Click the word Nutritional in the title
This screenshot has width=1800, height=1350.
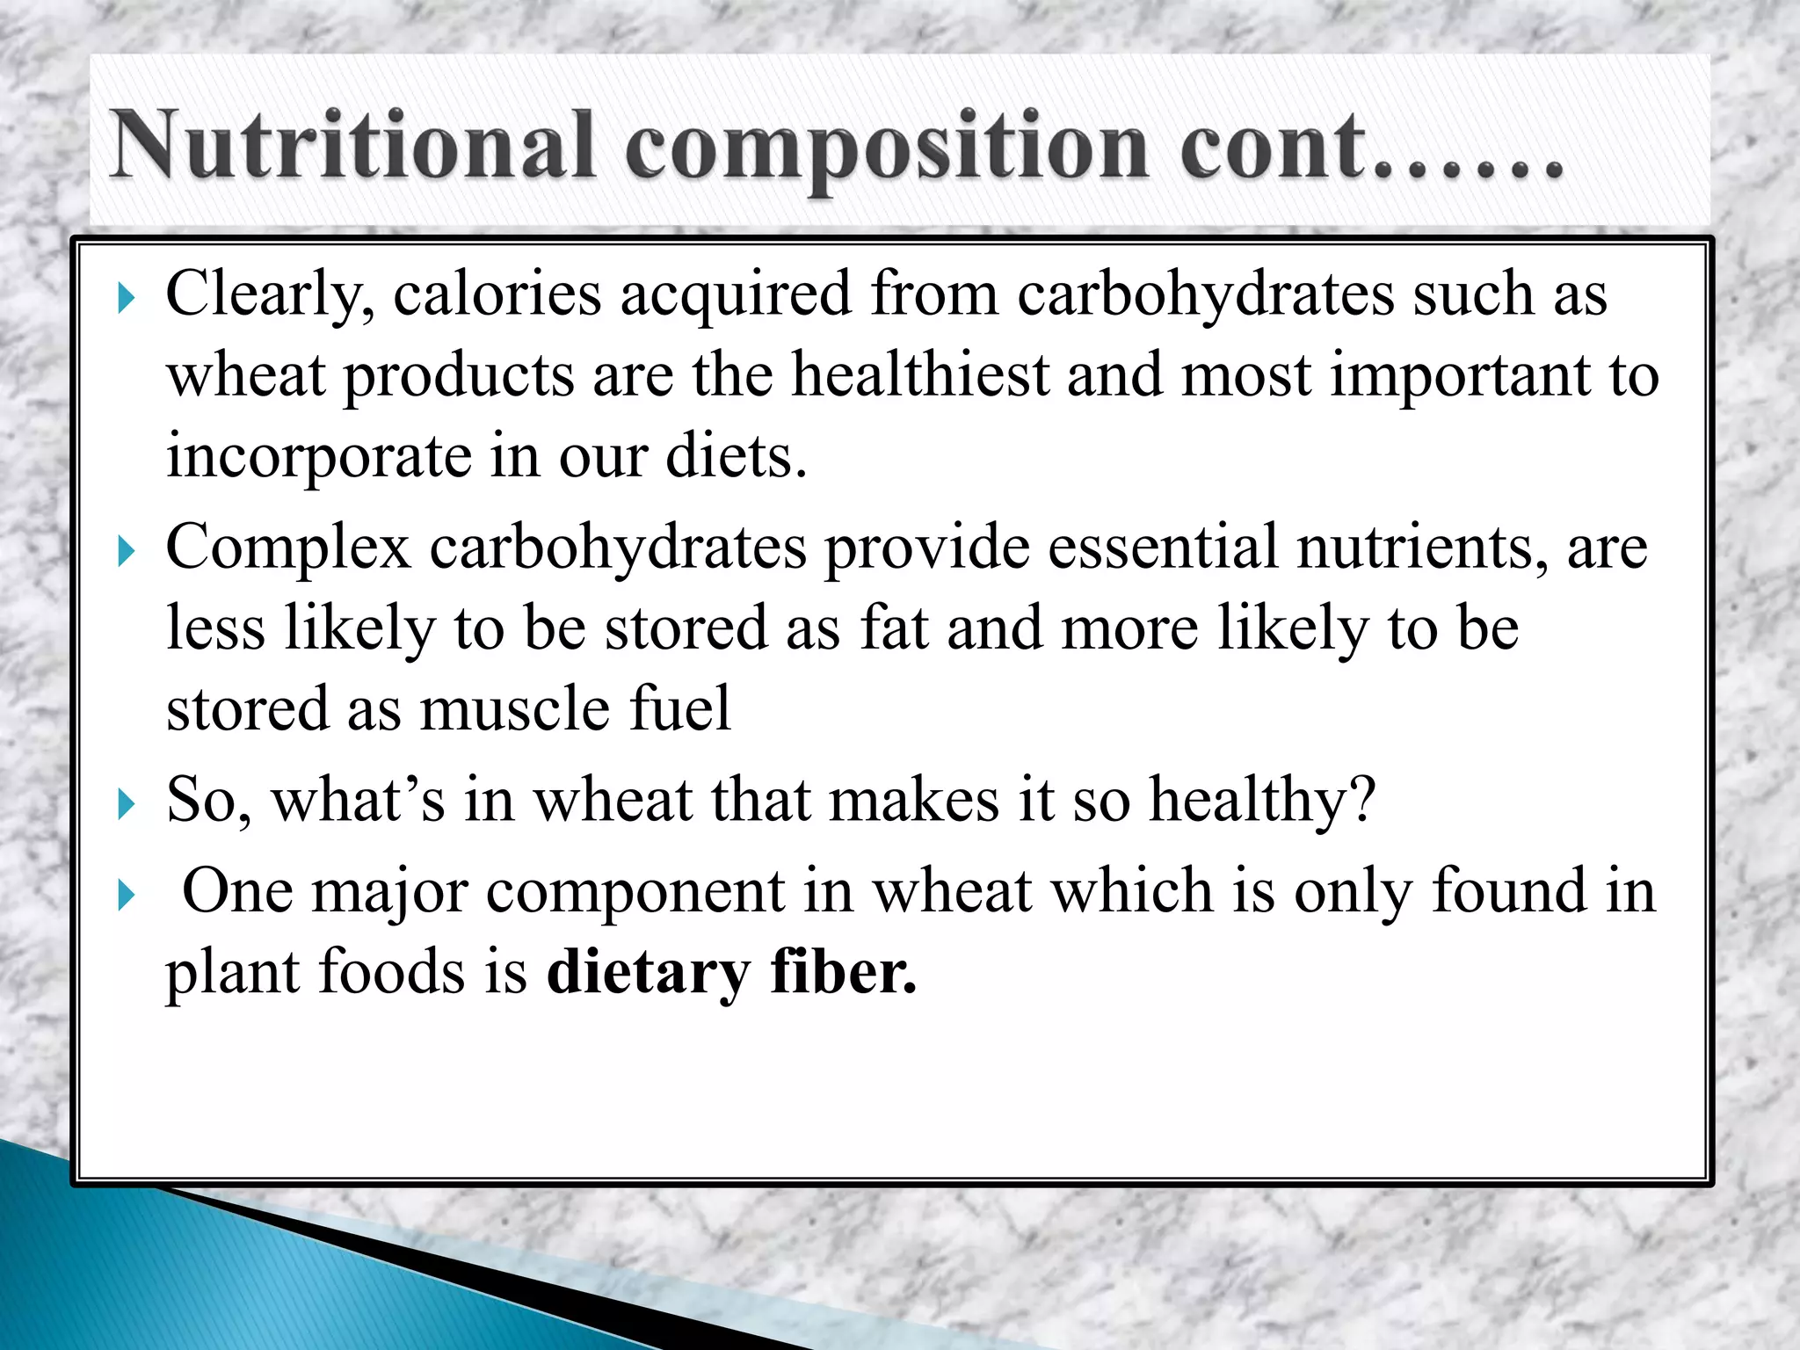(352, 145)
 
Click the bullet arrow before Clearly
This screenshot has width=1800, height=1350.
(127, 300)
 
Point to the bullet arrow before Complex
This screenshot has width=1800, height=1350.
(127, 553)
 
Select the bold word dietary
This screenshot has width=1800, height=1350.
(649, 974)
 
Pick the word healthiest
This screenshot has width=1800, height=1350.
(919, 376)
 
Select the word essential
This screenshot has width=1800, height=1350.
(1163, 547)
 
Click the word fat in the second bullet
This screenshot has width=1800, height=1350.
(894, 628)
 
